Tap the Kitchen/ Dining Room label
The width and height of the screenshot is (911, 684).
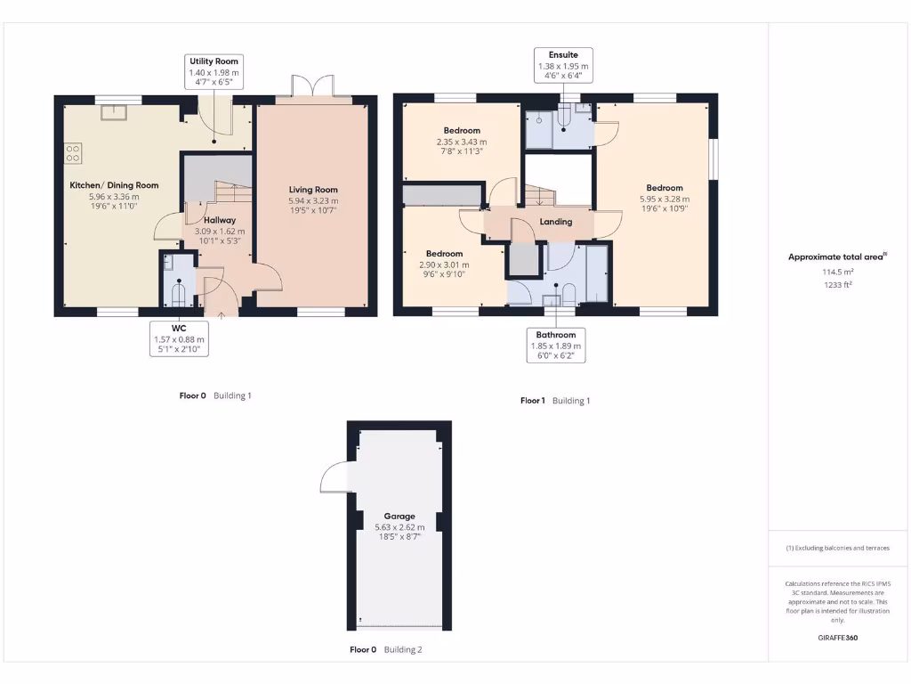(x=114, y=185)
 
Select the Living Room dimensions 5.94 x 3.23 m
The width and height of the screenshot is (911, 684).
(x=313, y=201)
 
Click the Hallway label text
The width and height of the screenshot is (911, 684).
(x=219, y=220)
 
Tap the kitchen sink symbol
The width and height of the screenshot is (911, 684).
(x=113, y=111)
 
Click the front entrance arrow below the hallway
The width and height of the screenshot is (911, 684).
(x=221, y=313)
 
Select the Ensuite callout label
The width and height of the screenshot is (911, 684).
(x=563, y=66)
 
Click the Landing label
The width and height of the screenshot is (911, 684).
(x=555, y=222)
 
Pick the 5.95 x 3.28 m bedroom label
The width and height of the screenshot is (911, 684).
(x=665, y=199)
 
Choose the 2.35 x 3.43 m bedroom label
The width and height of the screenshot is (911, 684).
(x=462, y=142)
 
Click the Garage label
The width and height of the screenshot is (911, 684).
(x=399, y=516)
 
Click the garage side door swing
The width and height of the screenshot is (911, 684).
(x=335, y=479)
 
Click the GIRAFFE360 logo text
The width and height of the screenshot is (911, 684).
(x=838, y=638)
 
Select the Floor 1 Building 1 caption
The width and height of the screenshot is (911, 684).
(x=555, y=401)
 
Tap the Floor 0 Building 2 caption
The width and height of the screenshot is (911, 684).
(x=385, y=650)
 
